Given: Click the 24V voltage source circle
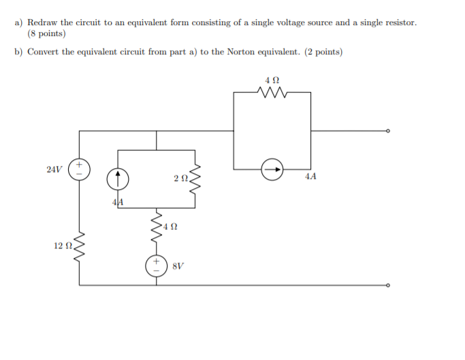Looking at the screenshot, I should click(x=80, y=168).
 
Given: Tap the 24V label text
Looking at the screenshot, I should click(x=54, y=169).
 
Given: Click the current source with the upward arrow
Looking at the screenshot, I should click(x=118, y=179).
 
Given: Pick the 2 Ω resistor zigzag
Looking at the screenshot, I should click(x=195, y=179).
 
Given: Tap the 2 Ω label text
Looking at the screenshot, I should click(x=180, y=179).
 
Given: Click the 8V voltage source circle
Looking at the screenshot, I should click(x=157, y=265).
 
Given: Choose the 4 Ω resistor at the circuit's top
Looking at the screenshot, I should click(x=272, y=92).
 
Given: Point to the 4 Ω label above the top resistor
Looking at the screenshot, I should click(x=272, y=80).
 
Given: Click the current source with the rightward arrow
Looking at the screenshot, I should click(x=272, y=169).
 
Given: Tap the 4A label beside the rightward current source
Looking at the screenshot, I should click(x=310, y=177).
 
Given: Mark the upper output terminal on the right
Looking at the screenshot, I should click(x=389, y=131).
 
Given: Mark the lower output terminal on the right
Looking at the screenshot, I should click(x=389, y=286).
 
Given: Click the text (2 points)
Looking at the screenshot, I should click(x=323, y=52).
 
